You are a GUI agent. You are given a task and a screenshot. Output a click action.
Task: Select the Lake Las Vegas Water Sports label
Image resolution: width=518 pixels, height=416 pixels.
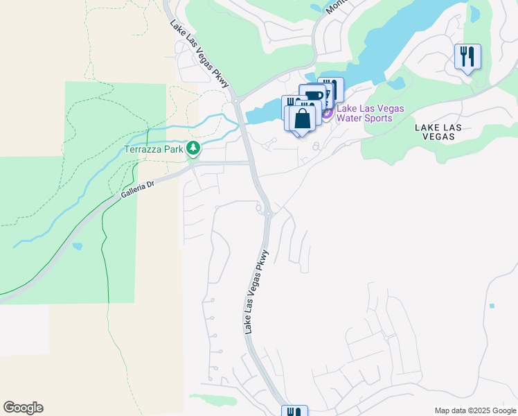370,113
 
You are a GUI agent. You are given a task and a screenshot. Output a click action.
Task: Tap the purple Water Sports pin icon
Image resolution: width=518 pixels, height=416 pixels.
327,112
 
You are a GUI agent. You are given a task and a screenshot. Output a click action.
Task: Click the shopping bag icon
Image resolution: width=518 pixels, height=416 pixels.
303,118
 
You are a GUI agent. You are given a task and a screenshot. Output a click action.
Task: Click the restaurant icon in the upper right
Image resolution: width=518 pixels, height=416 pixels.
467,56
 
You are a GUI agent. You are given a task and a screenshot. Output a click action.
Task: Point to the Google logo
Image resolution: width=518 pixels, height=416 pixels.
23,408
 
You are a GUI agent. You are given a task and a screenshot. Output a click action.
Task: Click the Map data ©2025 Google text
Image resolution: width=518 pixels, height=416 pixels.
475,410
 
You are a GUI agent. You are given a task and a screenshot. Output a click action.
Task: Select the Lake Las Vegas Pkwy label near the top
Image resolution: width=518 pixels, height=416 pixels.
199,53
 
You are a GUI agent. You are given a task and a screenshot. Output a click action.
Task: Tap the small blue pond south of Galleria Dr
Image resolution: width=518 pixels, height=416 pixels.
77,246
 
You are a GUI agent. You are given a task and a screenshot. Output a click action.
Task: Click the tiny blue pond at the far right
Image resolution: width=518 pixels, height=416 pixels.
492,305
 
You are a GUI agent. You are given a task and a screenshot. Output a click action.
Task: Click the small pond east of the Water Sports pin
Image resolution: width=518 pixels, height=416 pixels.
395,84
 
